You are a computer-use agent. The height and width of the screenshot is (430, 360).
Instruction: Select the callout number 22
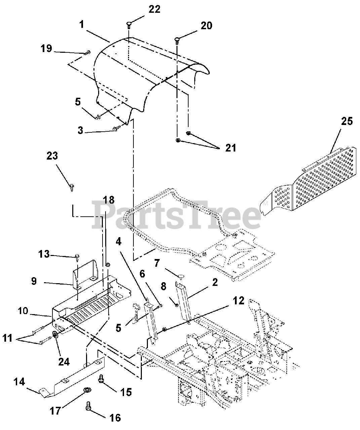155,9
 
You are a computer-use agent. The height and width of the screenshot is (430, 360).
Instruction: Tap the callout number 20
206,26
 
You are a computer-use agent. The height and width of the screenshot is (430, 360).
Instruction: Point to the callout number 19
46,49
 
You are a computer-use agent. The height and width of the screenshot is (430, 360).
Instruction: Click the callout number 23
52,156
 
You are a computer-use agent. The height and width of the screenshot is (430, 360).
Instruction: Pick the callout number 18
109,200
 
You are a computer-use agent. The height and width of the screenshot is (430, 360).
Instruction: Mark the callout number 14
19,382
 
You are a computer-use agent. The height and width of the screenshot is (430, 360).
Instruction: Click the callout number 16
115,418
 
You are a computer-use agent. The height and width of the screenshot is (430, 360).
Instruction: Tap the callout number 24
64,361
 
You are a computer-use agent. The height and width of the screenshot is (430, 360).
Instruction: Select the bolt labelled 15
101,379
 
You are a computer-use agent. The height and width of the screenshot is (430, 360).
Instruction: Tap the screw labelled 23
72,186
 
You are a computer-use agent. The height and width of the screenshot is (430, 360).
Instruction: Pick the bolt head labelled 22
130,23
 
